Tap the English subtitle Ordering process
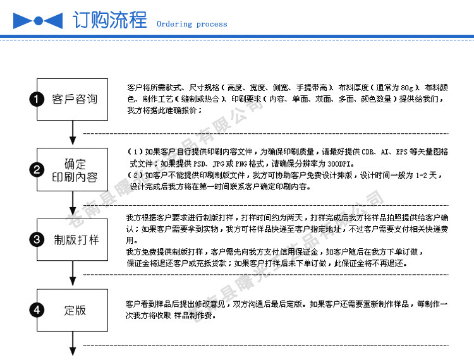[191, 24]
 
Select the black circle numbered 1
[38, 99]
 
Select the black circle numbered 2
[38, 170]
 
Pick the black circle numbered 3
[38, 240]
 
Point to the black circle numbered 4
[38, 310]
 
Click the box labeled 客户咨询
[76, 99]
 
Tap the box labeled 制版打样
[76, 240]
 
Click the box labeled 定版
[76, 310]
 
